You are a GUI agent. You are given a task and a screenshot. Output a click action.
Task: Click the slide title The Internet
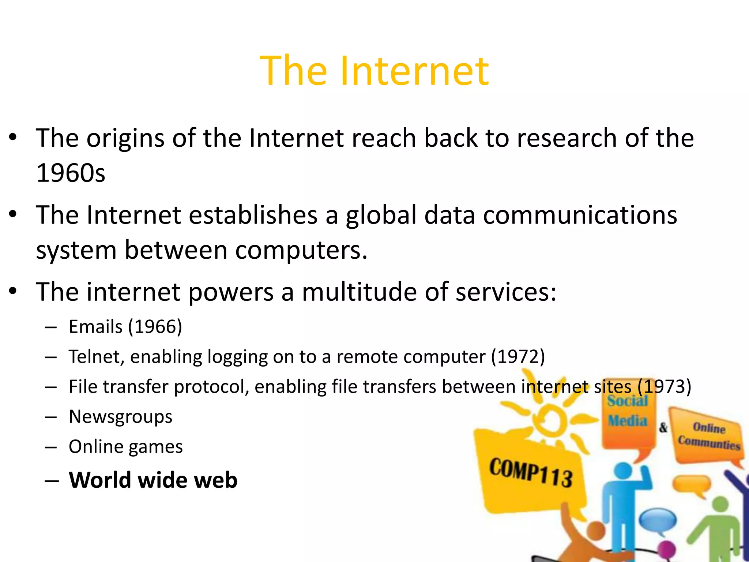374,71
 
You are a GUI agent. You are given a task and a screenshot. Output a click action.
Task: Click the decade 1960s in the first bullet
71,173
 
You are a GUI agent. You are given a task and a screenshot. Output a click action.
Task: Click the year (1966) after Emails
155,327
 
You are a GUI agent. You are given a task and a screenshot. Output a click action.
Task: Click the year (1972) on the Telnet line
518,357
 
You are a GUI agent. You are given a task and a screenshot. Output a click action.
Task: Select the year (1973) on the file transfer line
664,387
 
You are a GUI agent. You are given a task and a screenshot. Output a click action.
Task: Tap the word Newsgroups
120,417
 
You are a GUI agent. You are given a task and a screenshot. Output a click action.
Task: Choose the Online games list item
125,447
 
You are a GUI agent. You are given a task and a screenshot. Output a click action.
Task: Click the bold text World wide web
153,480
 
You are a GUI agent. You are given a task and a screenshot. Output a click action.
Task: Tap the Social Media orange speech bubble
628,413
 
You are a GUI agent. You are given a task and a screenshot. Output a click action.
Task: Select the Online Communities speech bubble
708,435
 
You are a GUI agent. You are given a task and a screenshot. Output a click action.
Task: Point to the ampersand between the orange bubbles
663,427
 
